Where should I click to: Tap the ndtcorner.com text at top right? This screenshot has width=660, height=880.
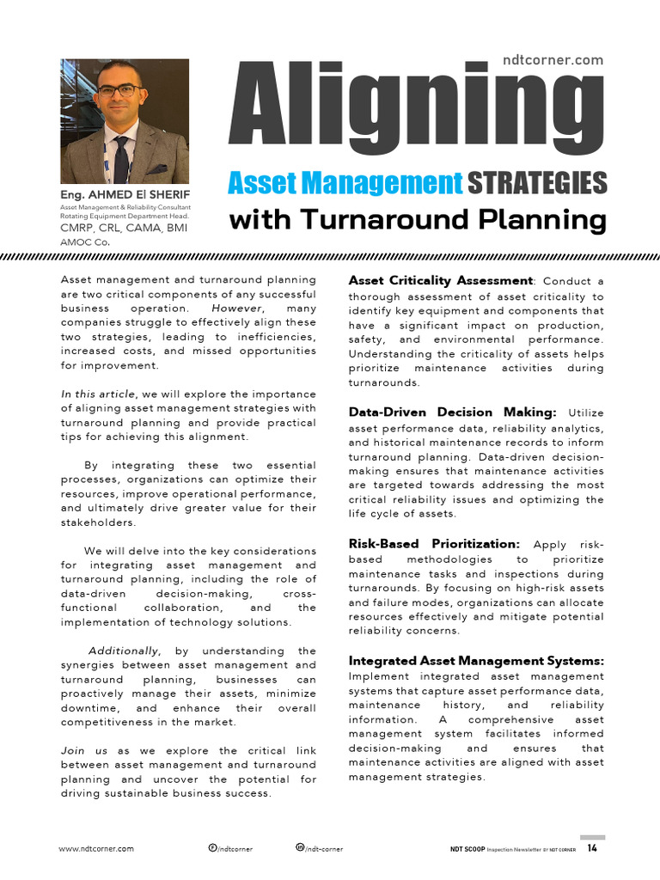click(x=553, y=59)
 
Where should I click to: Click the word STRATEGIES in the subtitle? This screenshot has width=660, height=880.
click(x=537, y=182)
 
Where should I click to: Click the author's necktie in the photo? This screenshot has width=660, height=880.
click(x=121, y=160)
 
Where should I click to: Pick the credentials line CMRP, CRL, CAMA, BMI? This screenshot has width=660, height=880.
click(x=124, y=229)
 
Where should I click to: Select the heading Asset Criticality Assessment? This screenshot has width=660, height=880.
click(x=441, y=280)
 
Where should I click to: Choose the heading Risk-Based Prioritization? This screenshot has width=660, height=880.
click(x=434, y=544)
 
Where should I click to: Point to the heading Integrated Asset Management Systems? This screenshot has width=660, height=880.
click(x=476, y=661)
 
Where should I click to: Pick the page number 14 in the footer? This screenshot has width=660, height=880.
click(x=593, y=848)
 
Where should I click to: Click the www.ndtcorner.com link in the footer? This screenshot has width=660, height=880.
click(x=96, y=849)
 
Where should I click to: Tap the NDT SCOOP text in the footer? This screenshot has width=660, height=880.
click(x=467, y=849)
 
